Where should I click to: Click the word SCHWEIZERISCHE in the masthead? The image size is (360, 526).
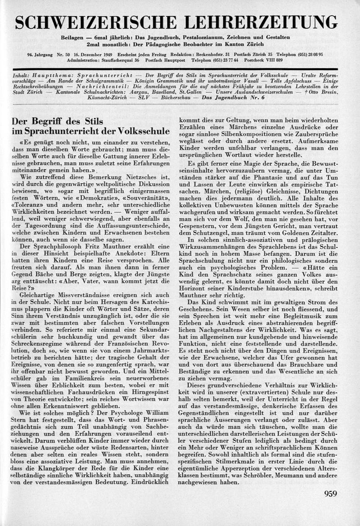click(x=95, y=22)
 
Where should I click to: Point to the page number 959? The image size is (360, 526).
click(x=330, y=494)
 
